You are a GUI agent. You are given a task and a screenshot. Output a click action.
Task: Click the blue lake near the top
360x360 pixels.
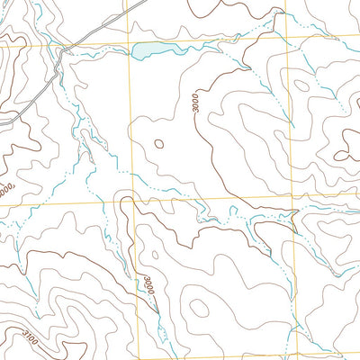(x=155, y=50)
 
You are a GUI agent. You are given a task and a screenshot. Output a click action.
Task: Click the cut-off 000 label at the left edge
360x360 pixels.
(x=7, y=191)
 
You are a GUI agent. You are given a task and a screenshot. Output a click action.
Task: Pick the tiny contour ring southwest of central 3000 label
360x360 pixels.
(x=159, y=143)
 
